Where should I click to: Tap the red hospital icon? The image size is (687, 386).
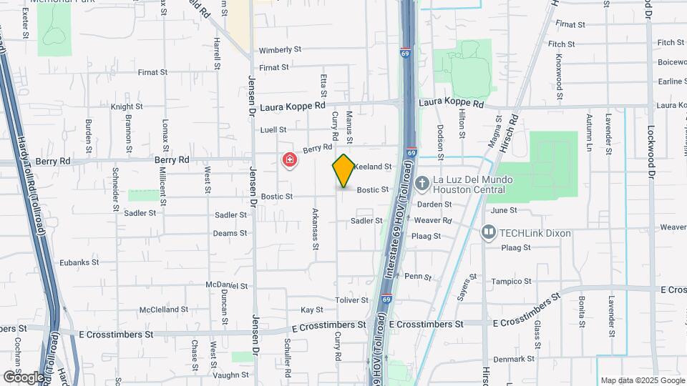point(290,162)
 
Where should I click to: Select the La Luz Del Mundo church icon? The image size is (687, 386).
point(422,184)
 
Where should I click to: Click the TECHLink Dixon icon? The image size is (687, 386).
point(489,232)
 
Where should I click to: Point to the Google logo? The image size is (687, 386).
point(23,377)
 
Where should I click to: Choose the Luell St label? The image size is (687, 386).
point(273,130)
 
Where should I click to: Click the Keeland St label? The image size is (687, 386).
point(373,167)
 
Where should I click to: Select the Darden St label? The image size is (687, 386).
point(434,204)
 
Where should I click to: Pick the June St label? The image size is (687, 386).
point(504,210)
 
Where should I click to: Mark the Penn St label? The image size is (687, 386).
point(418,276)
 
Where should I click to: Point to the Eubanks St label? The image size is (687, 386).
point(77,263)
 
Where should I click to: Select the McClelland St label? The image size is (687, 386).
point(164,310)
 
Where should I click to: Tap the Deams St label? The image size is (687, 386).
point(230,233)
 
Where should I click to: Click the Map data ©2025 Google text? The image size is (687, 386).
point(641,380)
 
